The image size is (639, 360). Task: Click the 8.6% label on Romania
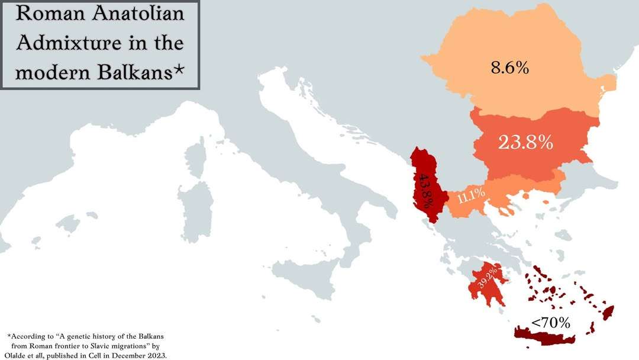point(509,67)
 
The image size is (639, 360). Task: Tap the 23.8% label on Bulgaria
point(525,142)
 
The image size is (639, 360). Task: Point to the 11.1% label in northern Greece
point(471,195)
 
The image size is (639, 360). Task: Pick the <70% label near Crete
point(550,323)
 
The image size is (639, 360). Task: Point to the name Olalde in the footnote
point(21,355)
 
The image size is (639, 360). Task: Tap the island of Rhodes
point(608,312)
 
